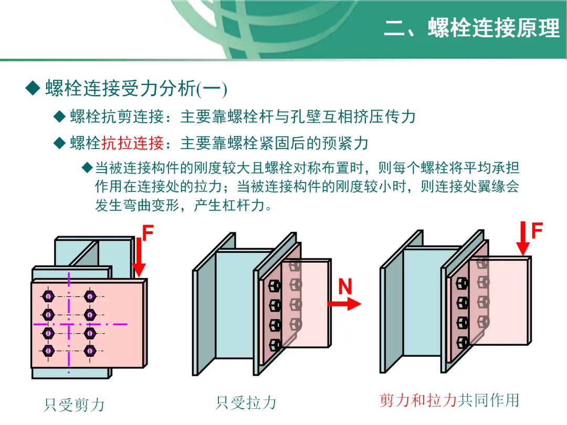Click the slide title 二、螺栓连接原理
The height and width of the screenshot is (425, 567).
click(x=472, y=28)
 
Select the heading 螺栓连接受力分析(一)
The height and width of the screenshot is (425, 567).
click(x=135, y=89)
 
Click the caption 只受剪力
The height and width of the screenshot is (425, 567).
click(x=74, y=405)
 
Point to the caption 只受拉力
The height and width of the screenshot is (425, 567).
click(x=245, y=403)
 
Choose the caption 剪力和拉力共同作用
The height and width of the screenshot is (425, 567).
click(x=449, y=400)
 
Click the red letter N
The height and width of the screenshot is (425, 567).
click(x=345, y=286)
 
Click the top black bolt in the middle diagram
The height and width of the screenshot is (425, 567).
click(x=275, y=286)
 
